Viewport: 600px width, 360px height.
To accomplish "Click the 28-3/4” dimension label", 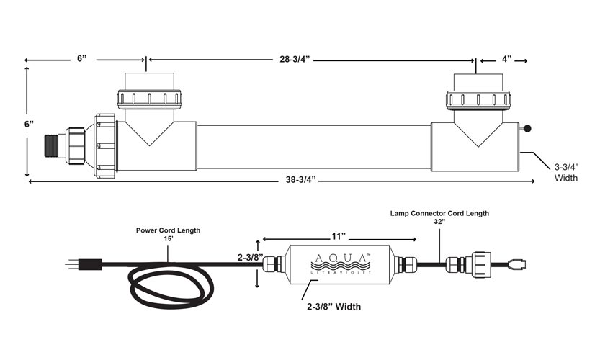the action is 295,60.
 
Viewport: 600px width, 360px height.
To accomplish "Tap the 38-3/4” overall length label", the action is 301,180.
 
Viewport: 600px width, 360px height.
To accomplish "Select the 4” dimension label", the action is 506,59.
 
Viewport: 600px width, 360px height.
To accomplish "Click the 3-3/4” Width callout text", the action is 566,173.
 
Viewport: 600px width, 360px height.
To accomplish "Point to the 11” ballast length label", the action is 339,236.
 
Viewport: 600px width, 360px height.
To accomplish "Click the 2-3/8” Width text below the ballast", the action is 333,307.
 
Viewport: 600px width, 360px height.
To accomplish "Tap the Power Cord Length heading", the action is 168,230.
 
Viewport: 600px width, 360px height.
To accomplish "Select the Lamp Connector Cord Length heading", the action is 439,213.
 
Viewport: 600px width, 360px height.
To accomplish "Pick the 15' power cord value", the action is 168,238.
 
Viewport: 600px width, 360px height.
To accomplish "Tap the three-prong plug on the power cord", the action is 84,264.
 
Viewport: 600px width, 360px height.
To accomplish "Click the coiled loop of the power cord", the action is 171,285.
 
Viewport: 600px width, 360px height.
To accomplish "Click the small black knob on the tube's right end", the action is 527,129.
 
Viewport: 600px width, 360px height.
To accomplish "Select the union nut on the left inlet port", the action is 149,99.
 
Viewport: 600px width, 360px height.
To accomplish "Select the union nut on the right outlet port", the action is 478,100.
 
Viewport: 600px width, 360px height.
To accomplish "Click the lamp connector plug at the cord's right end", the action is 517,264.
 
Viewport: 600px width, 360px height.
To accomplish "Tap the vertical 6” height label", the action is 29,125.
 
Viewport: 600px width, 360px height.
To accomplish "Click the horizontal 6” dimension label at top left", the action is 82,58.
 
